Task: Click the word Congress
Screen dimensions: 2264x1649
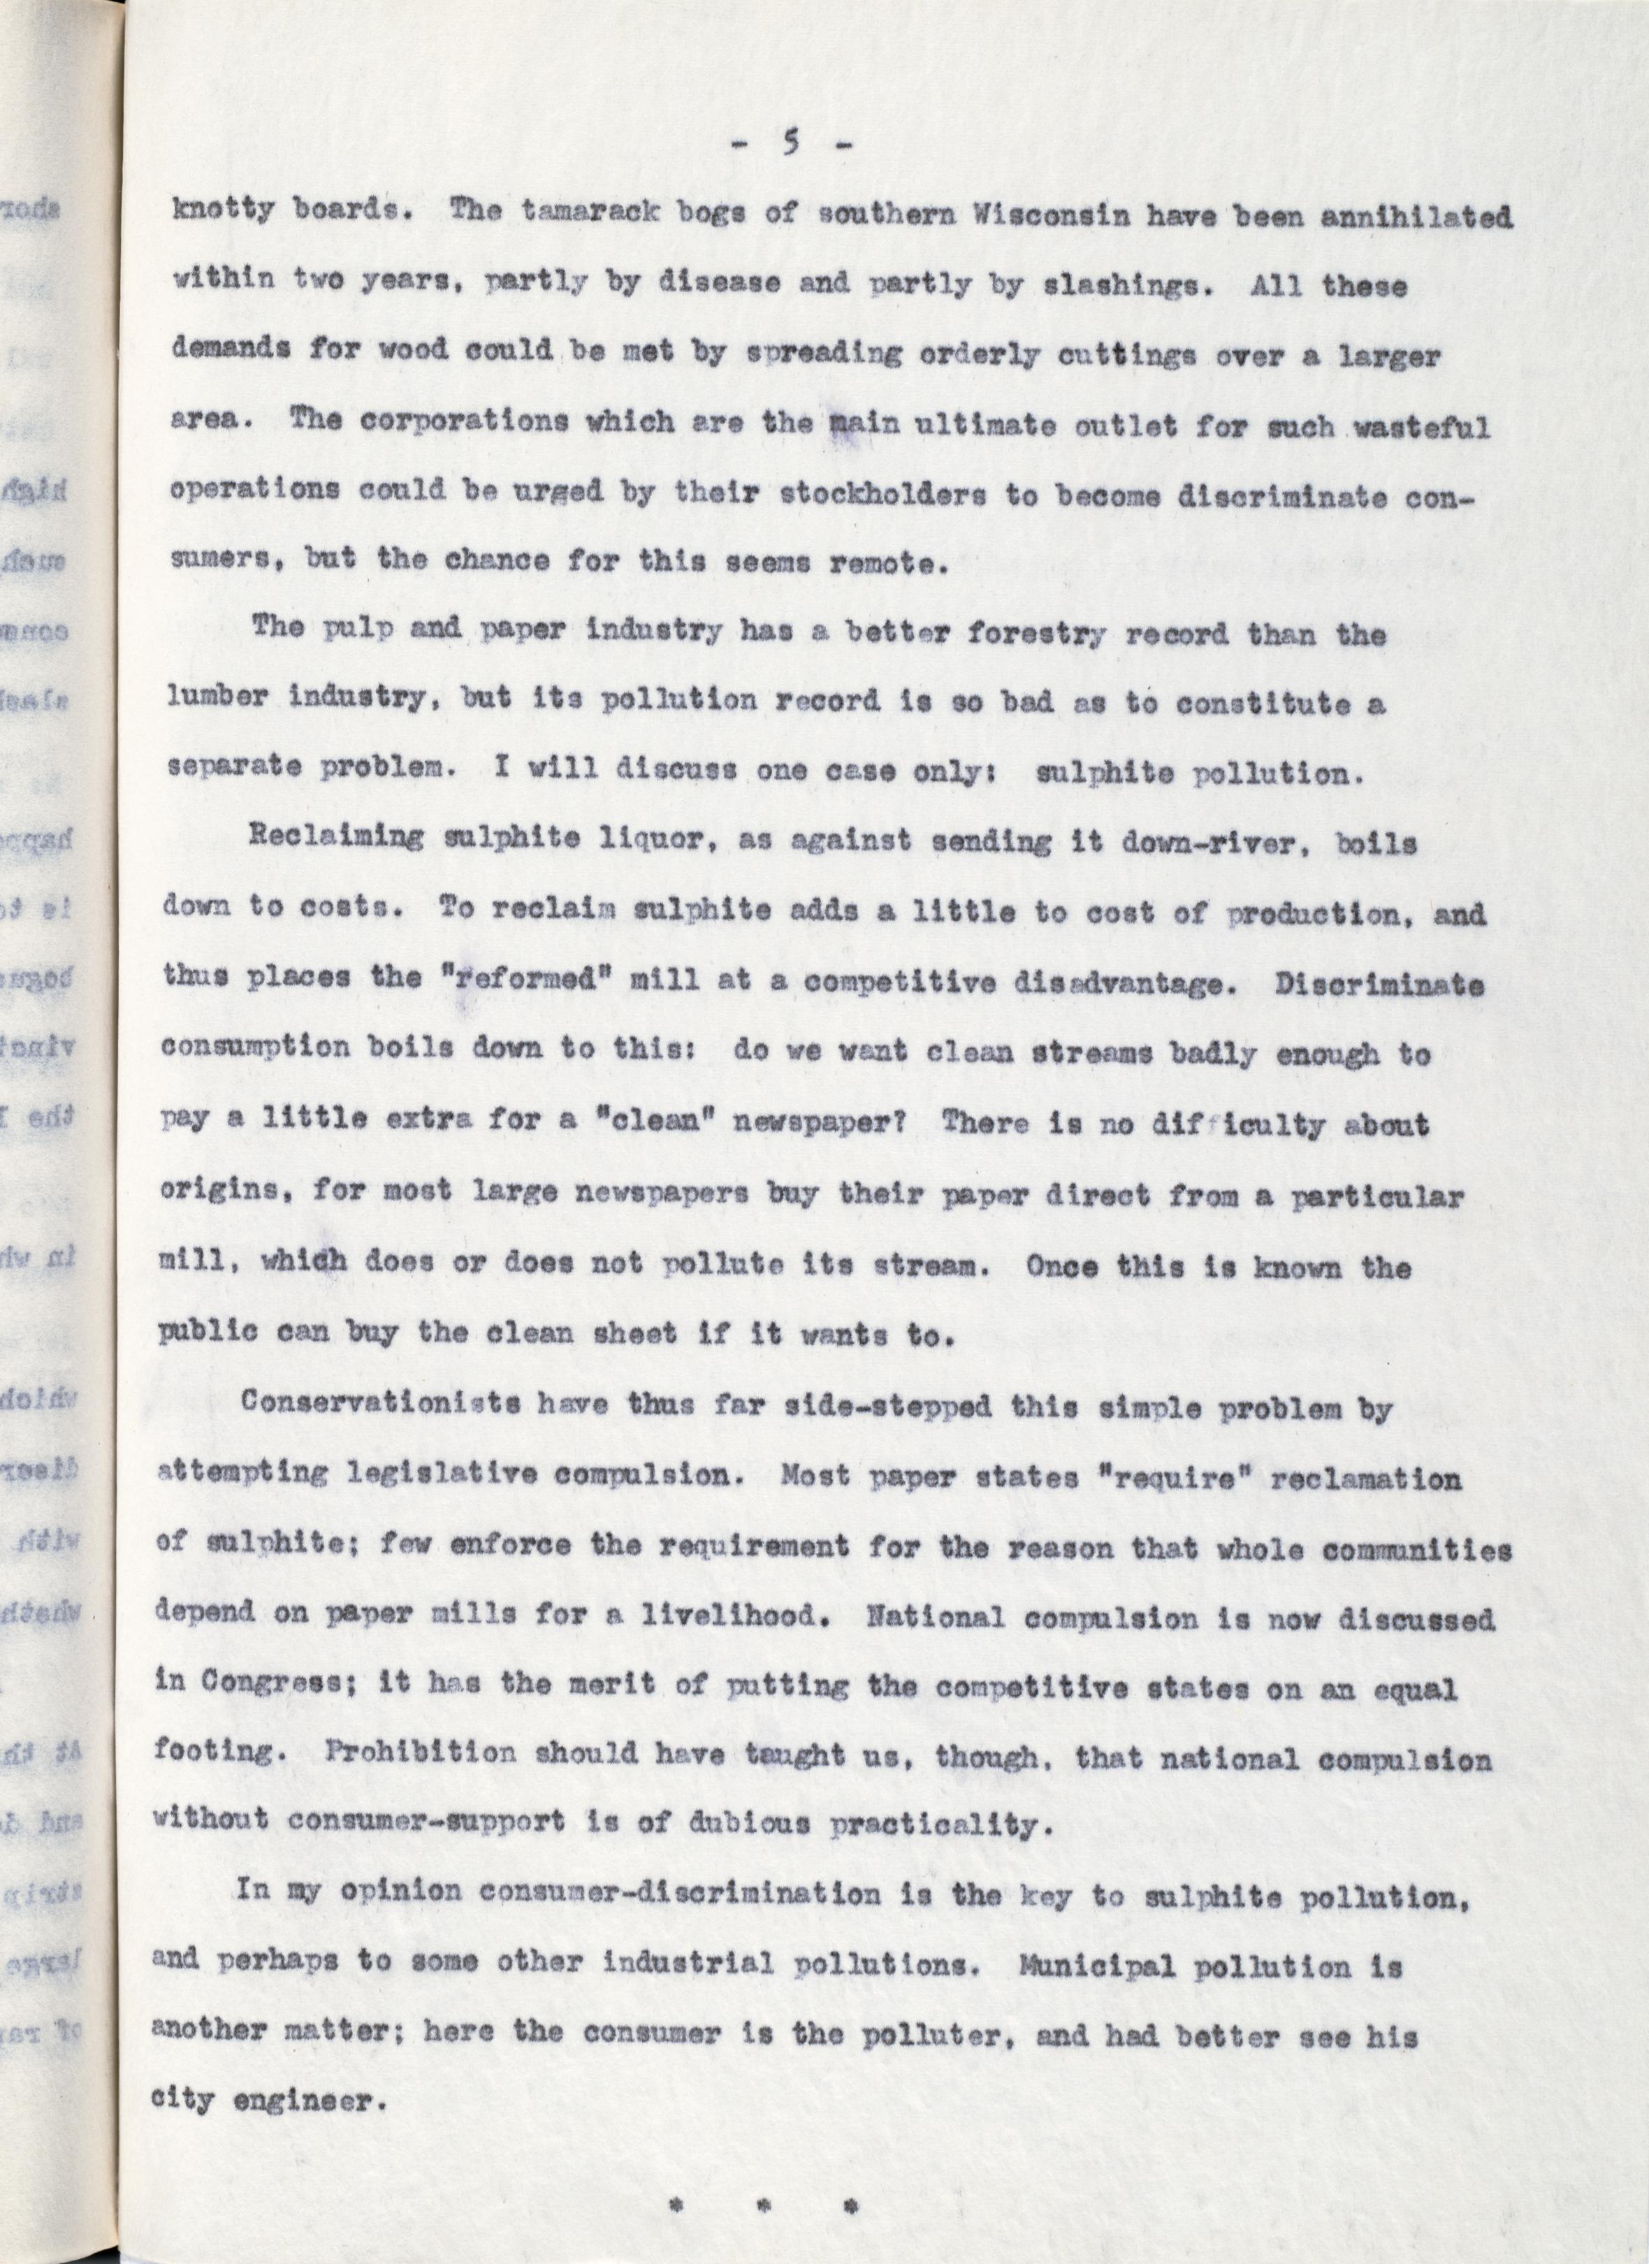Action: click(x=263, y=1686)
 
